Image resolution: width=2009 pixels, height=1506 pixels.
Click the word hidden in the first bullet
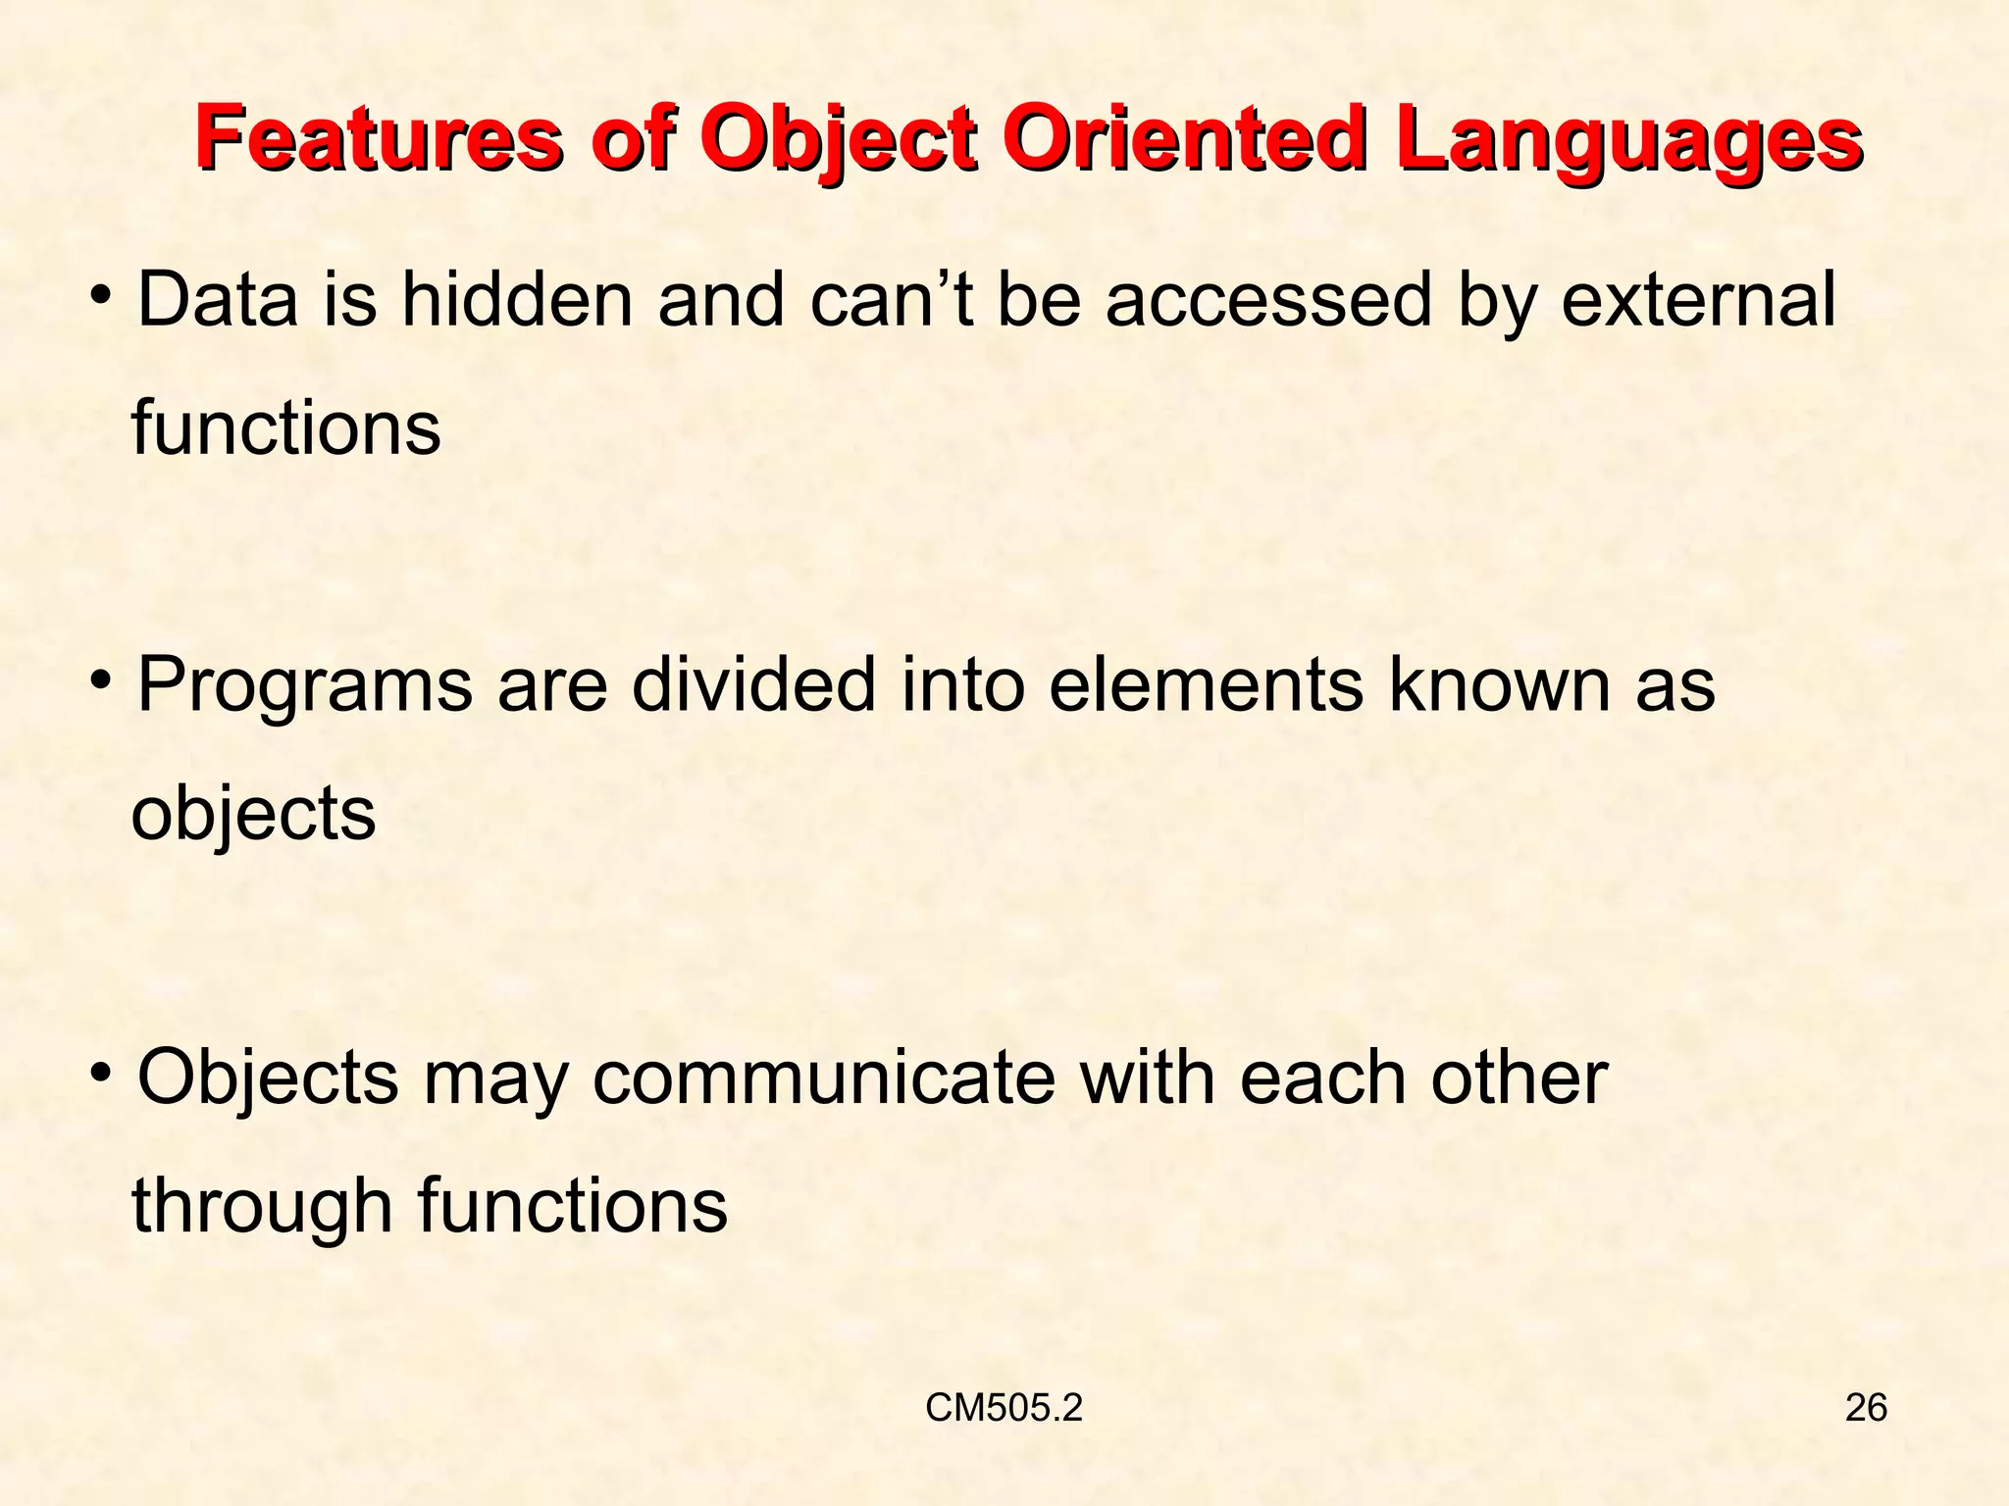tap(517, 299)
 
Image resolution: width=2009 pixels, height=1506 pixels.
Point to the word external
tap(1698, 299)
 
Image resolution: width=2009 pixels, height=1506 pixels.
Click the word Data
tap(217, 299)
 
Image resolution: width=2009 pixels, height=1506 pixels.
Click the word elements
tap(1206, 684)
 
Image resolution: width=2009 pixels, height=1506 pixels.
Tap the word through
tap(262, 1206)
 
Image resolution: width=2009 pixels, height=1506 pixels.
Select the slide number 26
tap(1866, 1408)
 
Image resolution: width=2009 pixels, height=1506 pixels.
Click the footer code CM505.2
tap(1004, 1408)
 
